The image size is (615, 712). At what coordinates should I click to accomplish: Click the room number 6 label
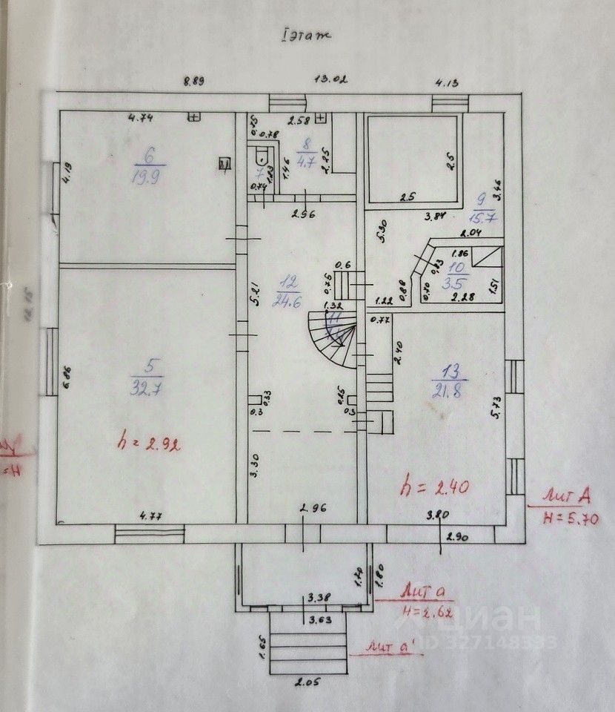(149, 156)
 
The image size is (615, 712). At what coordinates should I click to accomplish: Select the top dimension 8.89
(195, 82)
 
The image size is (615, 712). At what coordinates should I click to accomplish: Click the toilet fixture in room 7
(260, 156)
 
